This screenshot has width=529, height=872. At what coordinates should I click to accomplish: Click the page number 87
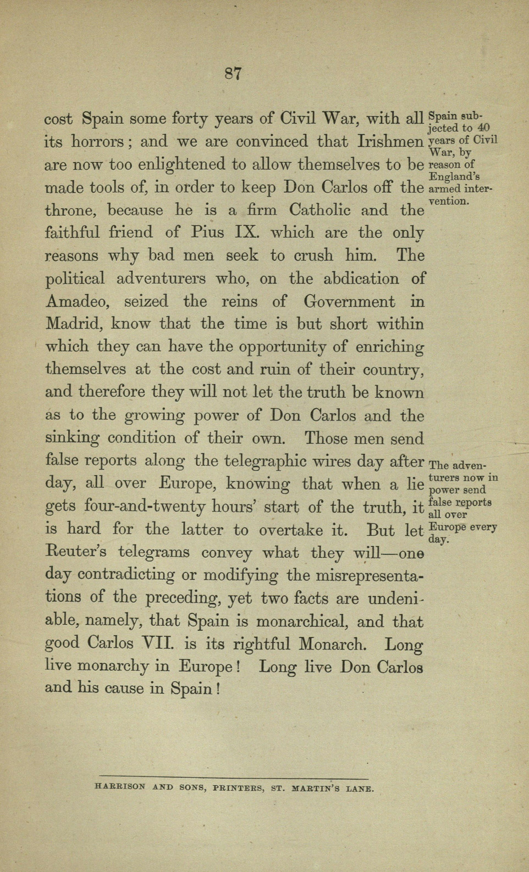click(x=234, y=74)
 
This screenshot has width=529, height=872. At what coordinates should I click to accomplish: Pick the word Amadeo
click(x=80, y=302)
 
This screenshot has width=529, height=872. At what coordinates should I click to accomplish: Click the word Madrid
click(x=73, y=324)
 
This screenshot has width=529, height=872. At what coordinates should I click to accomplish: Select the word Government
click(x=349, y=302)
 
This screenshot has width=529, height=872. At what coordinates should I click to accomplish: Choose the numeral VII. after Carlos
click(x=161, y=643)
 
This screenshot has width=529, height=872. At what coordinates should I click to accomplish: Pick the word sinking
click(x=72, y=439)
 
